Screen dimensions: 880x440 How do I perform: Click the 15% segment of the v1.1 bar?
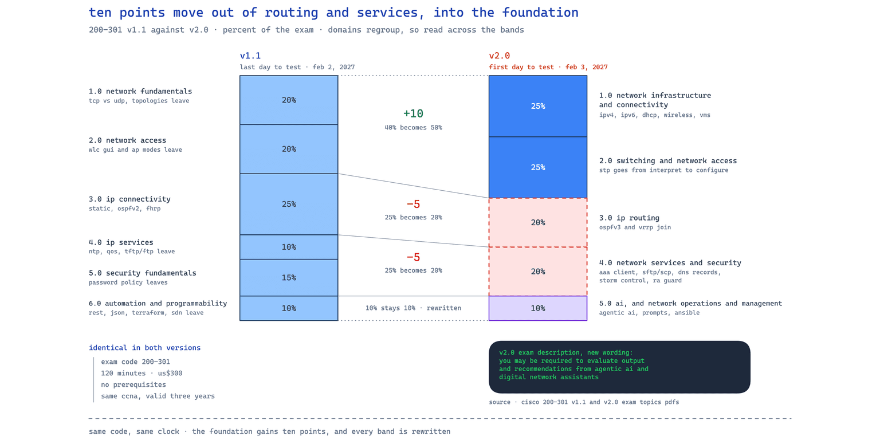point(289,277)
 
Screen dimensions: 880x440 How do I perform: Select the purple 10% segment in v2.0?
point(538,308)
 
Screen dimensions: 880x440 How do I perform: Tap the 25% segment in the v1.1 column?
point(289,204)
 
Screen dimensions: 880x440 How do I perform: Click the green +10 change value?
point(413,113)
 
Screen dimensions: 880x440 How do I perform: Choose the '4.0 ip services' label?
point(121,242)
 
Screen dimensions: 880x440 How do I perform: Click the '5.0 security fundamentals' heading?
point(142,273)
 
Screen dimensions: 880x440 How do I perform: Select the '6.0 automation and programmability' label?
point(158,303)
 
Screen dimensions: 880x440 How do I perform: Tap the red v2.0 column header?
point(500,56)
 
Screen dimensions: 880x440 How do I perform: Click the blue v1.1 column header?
point(250,56)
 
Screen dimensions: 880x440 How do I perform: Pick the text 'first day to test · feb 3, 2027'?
point(548,67)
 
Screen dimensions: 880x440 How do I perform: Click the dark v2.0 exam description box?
point(619,367)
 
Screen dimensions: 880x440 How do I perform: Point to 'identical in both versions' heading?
point(144,348)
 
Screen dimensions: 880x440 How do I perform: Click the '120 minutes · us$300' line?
point(142,373)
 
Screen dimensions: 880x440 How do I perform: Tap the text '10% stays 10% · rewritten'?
point(413,308)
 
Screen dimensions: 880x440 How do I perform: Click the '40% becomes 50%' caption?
point(413,128)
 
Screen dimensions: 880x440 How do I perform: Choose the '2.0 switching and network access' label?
point(668,160)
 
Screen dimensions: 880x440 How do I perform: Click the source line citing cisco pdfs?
point(584,402)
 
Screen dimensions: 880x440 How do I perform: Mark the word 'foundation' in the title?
point(540,13)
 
